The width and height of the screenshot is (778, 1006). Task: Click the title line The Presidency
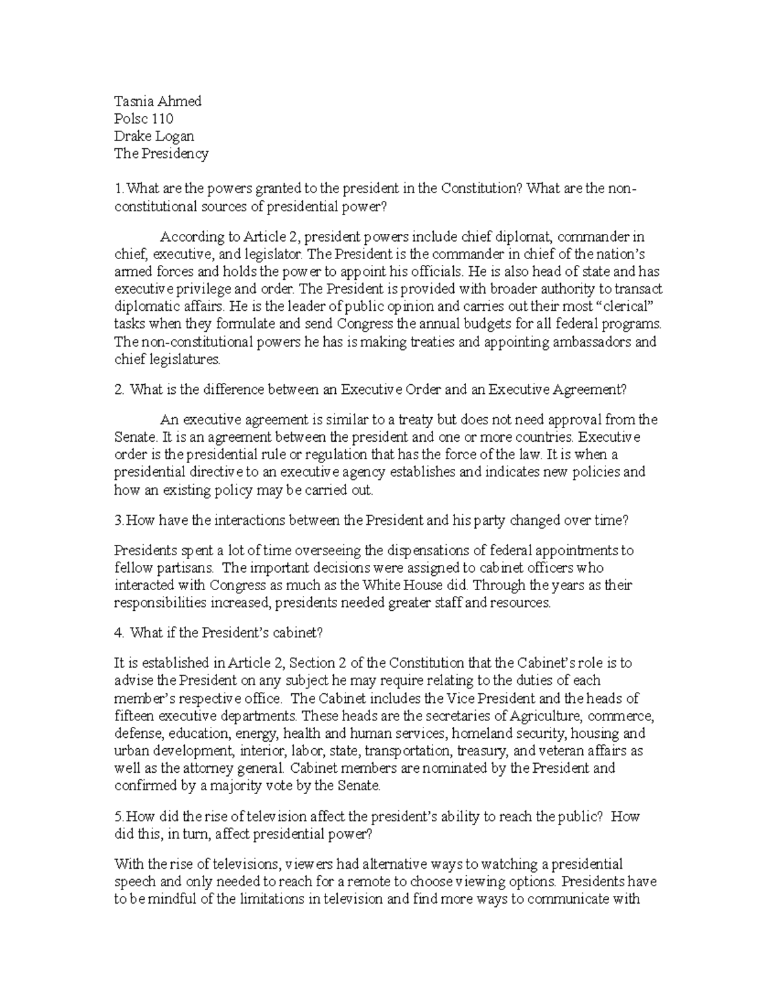tap(161, 154)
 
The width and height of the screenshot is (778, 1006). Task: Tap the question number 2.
tap(118, 389)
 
